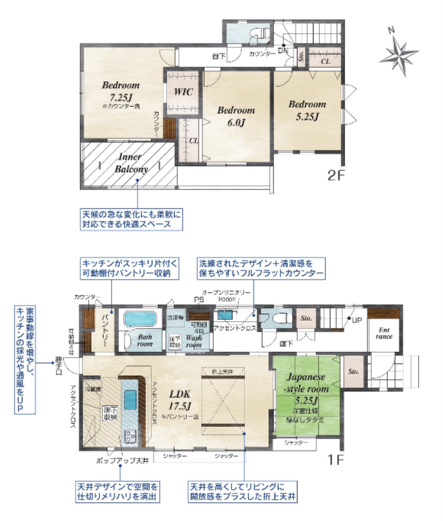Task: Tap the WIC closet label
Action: pyautogui.click(x=183, y=92)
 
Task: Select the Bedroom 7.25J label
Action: pyautogui.click(x=119, y=92)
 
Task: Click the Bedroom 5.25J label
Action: pyautogui.click(x=307, y=110)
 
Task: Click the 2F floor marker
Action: pyautogui.click(x=336, y=175)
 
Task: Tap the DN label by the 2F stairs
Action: pyautogui.click(x=281, y=50)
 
